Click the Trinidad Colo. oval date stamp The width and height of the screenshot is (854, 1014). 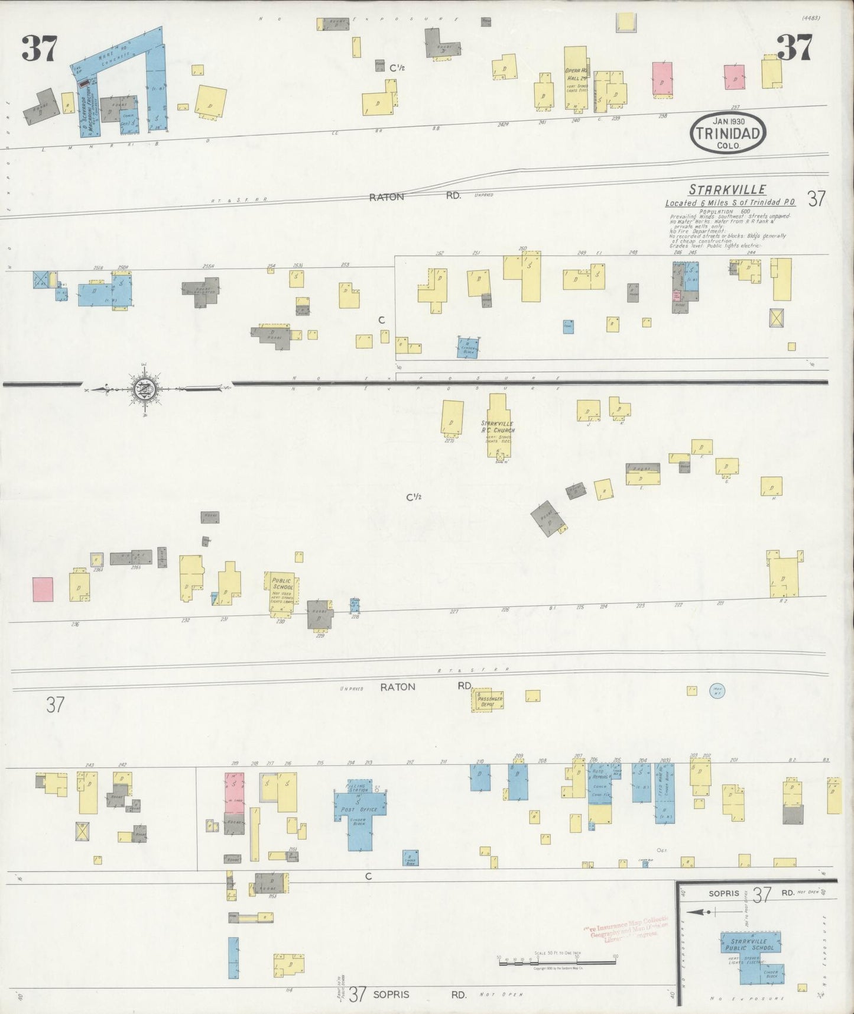coord(728,134)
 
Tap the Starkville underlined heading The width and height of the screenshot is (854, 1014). coord(727,190)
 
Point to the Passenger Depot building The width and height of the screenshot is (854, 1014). coord(490,701)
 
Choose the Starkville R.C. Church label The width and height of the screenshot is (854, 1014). coord(497,427)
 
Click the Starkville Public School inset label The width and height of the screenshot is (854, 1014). coord(749,945)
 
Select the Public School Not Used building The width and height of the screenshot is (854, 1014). coord(282,587)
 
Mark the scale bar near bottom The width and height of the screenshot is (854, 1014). coord(557,963)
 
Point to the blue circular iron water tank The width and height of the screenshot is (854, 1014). coord(717,690)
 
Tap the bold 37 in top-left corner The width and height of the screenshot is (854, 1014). coord(40,49)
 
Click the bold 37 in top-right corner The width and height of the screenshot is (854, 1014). coord(794,47)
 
